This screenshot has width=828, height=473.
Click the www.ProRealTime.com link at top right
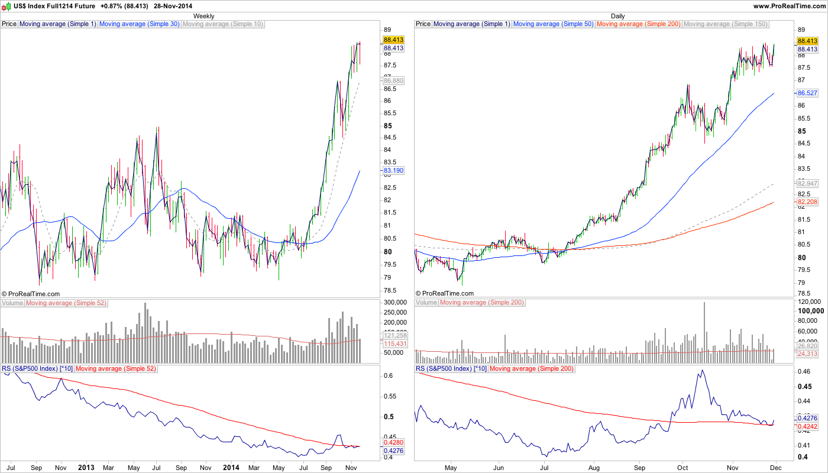tap(790, 6)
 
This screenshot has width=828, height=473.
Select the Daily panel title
tap(617, 16)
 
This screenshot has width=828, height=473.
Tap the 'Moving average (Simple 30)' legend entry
tap(140, 24)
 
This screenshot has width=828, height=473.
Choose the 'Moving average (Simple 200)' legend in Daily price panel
tap(639, 24)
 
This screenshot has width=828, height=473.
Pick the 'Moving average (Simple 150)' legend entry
tap(726, 24)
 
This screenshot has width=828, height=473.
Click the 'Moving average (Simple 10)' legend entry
tap(223, 24)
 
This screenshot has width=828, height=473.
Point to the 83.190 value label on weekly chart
tap(393, 170)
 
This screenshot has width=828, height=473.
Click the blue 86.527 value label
tap(807, 93)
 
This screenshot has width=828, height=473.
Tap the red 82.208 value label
tap(807, 202)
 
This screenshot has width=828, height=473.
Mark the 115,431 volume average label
tap(393, 344)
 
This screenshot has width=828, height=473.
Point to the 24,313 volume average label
tap(807, 354)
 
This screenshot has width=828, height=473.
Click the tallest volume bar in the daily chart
tap(704, 331)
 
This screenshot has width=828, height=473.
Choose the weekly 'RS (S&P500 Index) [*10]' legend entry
tap(37, 369)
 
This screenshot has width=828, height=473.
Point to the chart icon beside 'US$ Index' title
tap(7, 6)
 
